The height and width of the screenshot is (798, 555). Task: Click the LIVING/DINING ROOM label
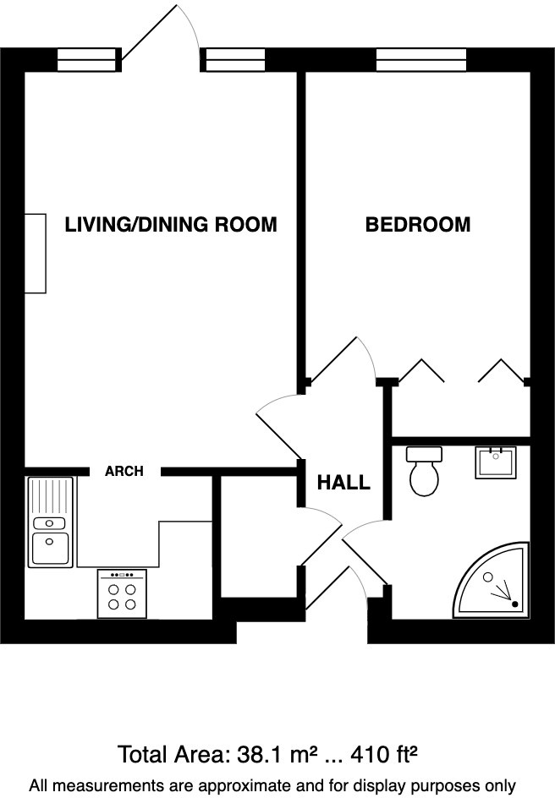click(x=171, y=225)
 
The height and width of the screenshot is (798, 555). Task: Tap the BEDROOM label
click(x=417, y=225)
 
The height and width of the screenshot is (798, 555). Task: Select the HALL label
click(x=343, y=483)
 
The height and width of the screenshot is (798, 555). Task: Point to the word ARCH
click(x=124, y=472)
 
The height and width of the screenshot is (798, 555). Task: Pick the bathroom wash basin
click(x=496, y=462)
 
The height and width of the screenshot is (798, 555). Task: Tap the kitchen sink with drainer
click(x=51, y=522)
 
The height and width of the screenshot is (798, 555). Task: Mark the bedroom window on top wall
click(x=421, y=60)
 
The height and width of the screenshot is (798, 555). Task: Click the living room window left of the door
click(x=85, y=60)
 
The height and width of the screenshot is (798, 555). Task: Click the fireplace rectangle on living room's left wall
click(x=35, y=254)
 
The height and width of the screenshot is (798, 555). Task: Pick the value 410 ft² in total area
click(x=384, y=754)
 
